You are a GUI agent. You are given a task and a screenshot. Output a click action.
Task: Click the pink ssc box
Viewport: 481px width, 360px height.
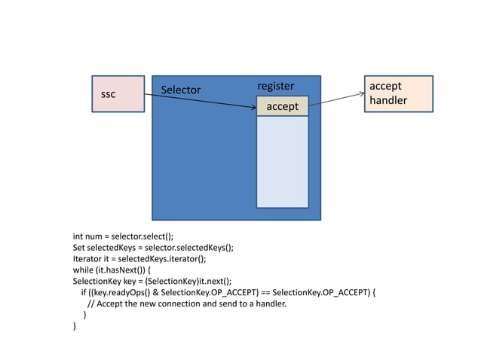tap(118, 94)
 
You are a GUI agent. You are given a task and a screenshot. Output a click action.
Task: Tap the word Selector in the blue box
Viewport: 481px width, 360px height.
tap(181, 90)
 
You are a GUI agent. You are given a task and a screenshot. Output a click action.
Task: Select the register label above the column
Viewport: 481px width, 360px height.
tap(276, 86)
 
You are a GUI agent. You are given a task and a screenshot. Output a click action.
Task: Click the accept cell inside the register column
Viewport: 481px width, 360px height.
tap(283, 107)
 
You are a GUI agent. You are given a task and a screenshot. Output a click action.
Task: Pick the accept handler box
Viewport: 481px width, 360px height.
tap(398, 93)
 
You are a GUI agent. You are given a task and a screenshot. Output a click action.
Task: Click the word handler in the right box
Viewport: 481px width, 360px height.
tap(388, 100)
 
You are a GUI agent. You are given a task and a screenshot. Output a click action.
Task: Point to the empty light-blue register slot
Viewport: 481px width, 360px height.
tap(283, 161)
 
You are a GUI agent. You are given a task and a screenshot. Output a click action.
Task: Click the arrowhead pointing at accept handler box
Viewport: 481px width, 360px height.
tap(360, 93)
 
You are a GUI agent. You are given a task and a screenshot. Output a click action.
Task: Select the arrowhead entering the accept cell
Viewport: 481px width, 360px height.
tap(253, 108)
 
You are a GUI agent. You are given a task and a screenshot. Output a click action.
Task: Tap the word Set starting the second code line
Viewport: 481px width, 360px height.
tap(78, 247)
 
